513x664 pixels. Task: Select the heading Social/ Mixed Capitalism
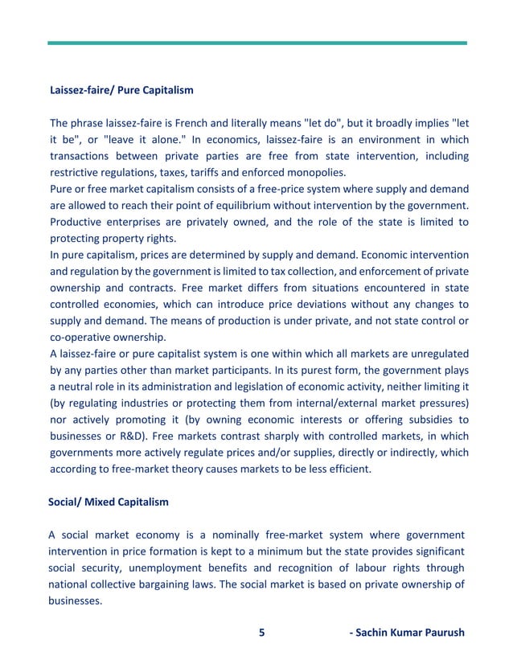click(109, 502)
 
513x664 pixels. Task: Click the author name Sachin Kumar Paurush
click(407, 632)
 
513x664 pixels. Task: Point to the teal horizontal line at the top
click(256, 43)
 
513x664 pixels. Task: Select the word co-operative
click(79, 338)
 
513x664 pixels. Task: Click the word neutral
click(76, 387)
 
